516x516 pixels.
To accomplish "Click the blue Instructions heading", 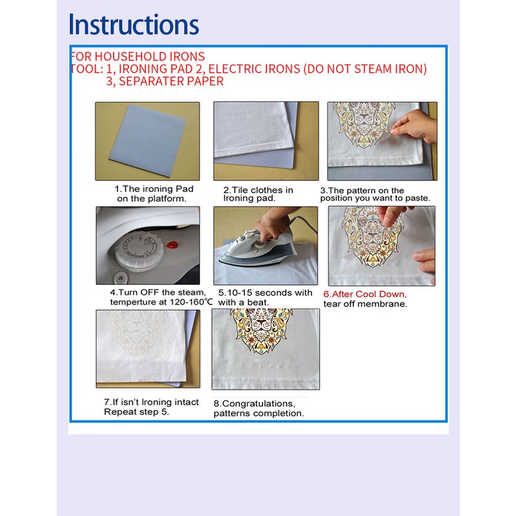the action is [134, 25].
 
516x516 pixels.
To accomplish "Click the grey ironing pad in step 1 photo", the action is [148, 137].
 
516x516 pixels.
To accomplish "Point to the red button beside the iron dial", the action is [172, 245].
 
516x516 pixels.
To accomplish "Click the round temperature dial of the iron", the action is [139, 251].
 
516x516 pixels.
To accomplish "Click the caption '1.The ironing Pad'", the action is [154, 189].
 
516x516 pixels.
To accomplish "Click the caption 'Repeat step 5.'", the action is [137, 412].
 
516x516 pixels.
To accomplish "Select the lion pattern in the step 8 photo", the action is [261, 330].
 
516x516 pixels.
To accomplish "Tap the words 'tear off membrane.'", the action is [365, 304].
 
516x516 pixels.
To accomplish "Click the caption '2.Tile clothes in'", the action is [258, 190].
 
